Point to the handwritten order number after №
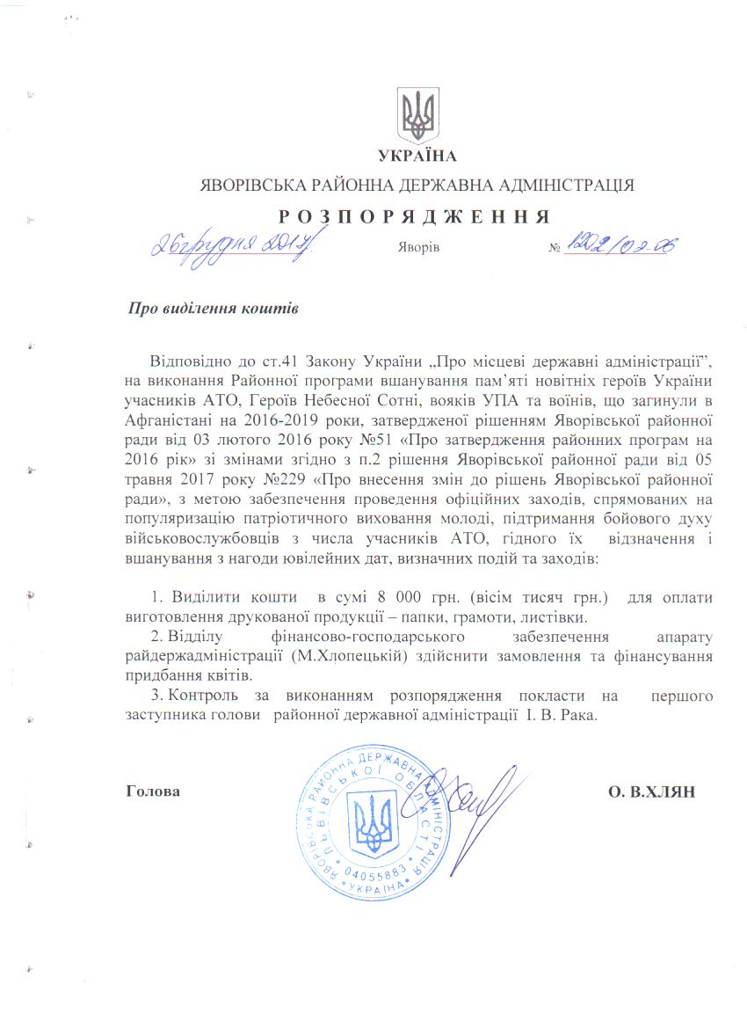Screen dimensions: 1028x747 point(620,245)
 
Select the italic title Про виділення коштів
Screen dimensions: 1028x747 point(214,310)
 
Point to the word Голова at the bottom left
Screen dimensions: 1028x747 point(154,791)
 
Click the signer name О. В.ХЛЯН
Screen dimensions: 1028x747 point(651,791)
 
